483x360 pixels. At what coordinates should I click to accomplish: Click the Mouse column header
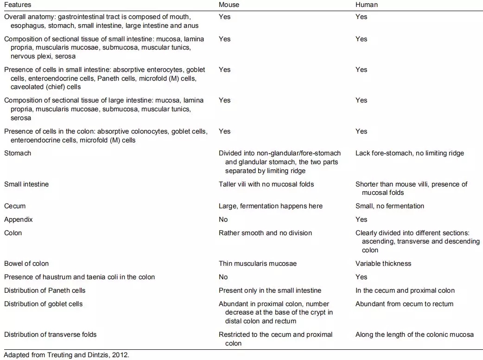click(229, 5)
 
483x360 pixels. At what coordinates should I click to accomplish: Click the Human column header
click(366, 5)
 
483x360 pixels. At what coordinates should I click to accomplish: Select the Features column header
click(18, 5)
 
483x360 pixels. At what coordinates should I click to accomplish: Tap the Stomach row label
click(18, 153)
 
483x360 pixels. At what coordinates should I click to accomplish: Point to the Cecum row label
click(15, 206)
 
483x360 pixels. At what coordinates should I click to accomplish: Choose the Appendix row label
click(19, 219)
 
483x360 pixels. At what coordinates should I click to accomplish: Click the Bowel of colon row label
click(26, 264)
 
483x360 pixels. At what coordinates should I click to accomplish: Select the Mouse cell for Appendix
click(223, 219)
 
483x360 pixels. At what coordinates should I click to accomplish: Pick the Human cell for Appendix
click(361, 219)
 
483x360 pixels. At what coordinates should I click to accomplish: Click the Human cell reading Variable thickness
click(383, 264)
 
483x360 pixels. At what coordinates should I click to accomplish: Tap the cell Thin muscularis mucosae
click(258, 264)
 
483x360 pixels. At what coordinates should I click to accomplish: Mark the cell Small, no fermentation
click(390, 206)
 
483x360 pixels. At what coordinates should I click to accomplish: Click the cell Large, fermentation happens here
click(271, 206)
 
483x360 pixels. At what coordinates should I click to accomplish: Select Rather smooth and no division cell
click(265, 233)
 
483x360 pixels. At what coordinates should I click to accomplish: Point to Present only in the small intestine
click(270, 290)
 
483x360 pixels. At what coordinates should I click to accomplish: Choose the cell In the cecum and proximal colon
click(405, 290)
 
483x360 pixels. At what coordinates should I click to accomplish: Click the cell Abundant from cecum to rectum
click(404, 304)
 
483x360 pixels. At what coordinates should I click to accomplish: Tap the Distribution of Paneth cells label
click(45, 290)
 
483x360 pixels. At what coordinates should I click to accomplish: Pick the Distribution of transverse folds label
click(51, 334)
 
